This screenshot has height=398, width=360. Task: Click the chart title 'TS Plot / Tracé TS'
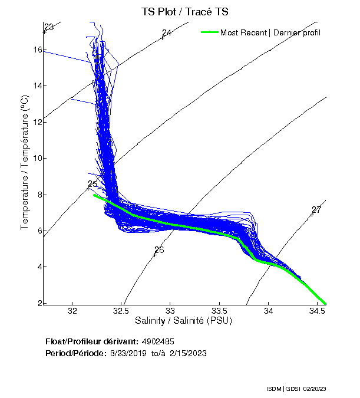pos(184,11)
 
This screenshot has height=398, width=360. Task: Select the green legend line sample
pos(209,32)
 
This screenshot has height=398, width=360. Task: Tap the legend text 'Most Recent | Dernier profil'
pos(270,32)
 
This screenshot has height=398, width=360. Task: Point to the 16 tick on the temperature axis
pos(38,50)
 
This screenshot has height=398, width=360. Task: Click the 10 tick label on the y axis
pos(38,158)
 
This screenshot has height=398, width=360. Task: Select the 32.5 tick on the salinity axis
pos(121,311)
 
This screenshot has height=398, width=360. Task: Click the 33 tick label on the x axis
pos(170,311)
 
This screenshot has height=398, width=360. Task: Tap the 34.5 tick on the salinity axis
pos(318,311)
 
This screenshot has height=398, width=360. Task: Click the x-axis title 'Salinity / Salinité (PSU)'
pos(184,321)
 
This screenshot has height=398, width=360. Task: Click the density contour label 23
pos(49,27)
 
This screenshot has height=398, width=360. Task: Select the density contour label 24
pos(167,33)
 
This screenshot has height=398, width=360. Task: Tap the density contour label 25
pos(92,184)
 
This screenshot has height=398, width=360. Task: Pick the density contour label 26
pos(159,249)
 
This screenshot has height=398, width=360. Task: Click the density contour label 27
pos(316,210)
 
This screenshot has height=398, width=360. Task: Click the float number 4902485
pos(157,342)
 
